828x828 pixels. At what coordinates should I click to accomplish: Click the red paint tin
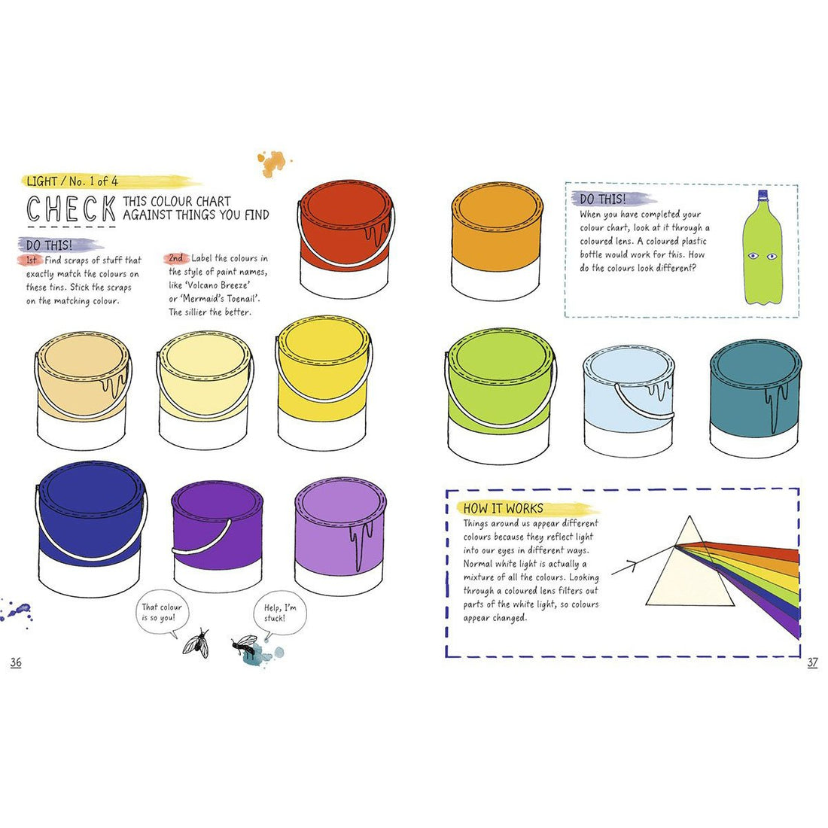(346, 239)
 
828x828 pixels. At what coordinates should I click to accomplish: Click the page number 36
(16, 662)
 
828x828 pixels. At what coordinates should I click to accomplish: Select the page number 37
(812, 662)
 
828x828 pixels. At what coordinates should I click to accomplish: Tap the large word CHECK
(72, 209)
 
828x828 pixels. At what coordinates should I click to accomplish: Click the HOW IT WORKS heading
(504, 509)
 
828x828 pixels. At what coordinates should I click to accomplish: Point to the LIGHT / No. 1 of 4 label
(72, 181)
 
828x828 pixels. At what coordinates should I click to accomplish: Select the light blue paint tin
(629, 400)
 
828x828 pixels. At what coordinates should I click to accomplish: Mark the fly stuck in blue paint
(247, 647)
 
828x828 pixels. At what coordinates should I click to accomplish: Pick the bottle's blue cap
(762, 193)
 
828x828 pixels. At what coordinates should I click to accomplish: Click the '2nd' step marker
(176, 258)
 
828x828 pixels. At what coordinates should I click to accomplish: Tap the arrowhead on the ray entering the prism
(632, 566)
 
